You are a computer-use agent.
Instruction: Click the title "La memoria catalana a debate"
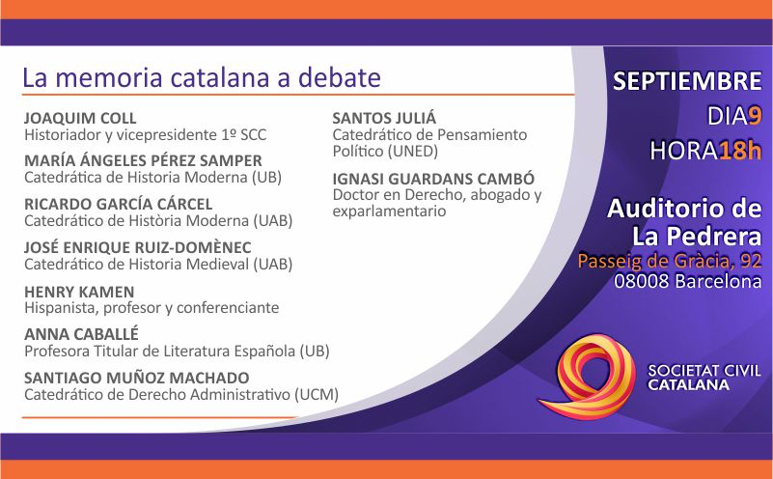[202, 78]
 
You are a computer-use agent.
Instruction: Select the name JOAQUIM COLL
[80, 119]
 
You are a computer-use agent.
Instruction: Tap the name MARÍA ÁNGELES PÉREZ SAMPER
[143, 161]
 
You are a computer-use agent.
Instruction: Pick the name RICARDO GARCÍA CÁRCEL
[119, 204]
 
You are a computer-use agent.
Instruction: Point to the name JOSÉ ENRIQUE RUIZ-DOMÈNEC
[138, 247]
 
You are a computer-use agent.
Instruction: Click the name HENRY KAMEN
[79, 292]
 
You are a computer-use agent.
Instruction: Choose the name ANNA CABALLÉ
[81, 334]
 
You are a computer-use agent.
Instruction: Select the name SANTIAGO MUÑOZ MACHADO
[137, 378]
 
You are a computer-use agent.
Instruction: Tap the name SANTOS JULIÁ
[384, 118]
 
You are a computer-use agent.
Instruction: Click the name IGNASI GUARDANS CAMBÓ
[433, 179]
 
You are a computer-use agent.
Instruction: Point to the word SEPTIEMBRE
[687, 81]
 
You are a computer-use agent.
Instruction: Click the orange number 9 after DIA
[755, 117]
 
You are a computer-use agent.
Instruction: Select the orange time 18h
[740, 151]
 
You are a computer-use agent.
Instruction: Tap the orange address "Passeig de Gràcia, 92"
[670, 261]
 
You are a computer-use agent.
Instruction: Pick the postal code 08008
[642, 281]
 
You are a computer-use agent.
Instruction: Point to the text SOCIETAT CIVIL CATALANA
[704, 378]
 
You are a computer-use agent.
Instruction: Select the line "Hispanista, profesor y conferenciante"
[152, 308]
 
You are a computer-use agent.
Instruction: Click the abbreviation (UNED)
[413, 151]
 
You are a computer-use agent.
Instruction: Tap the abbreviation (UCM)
[317, 395]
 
